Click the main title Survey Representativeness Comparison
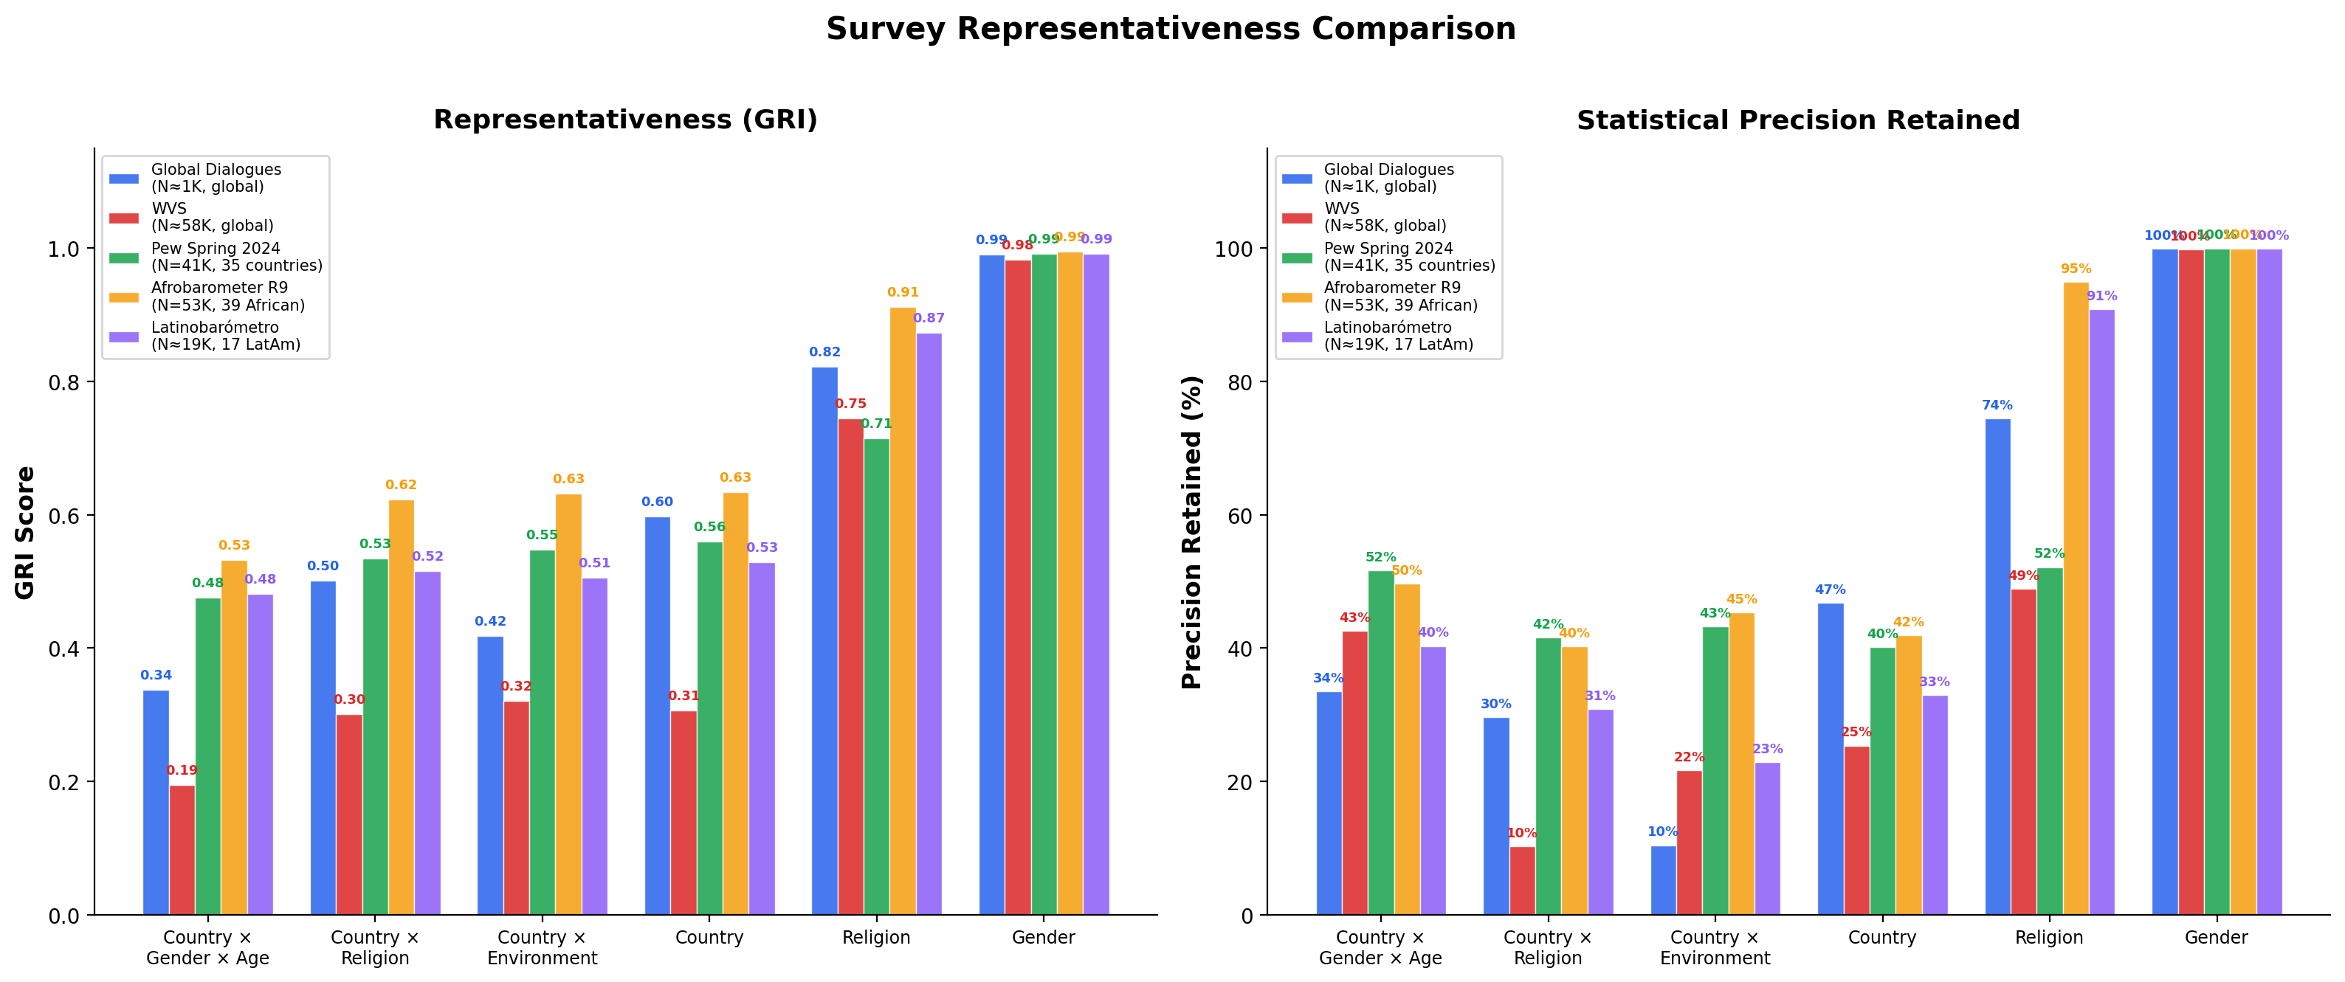[1171, 29]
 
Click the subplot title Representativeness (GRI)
[625, 120]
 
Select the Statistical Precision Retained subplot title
[1798, 120]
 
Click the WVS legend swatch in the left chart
[124, 218]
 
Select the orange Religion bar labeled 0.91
[902, 609]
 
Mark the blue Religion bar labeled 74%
[1997, 666]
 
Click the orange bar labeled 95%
[2076, 598]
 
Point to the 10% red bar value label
[1522, 833]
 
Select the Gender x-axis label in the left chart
[1043, 938]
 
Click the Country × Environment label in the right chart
[1715, 947]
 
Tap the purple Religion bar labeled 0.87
[929, 623]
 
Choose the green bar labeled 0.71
[877, 677]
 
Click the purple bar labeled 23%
[1767, 838]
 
